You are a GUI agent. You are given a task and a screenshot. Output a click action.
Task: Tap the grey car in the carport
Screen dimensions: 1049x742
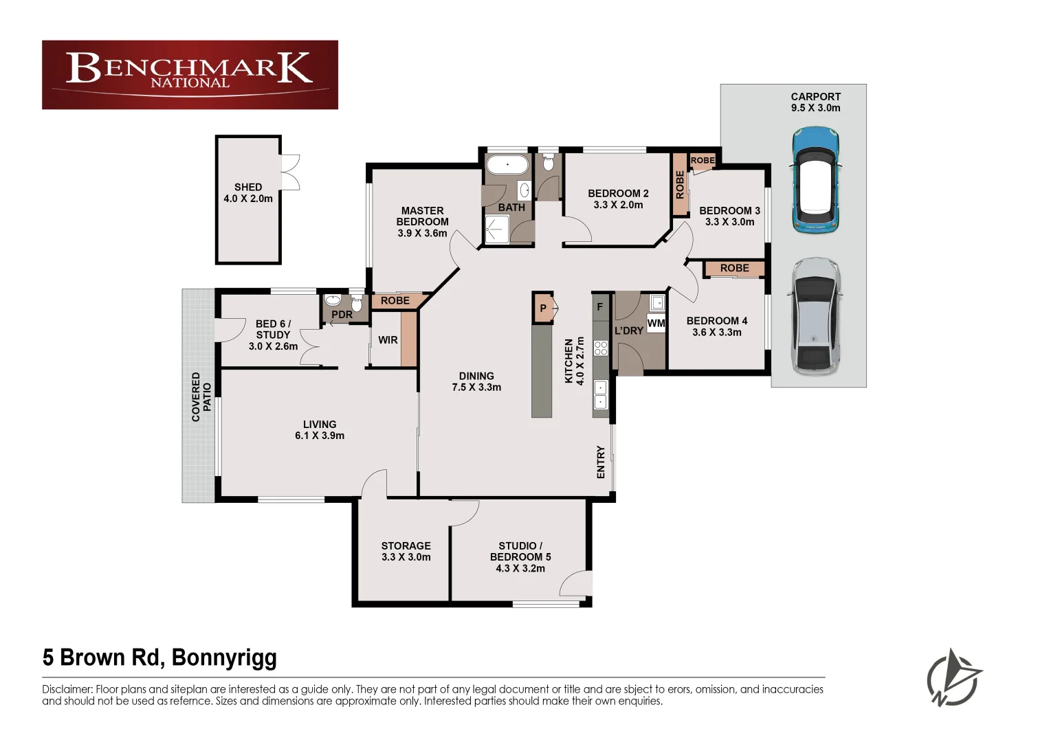point(815,317)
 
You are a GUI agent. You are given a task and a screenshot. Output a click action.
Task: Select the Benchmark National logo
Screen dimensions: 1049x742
point(190,75)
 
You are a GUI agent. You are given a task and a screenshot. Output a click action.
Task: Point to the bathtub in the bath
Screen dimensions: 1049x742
point(507,165)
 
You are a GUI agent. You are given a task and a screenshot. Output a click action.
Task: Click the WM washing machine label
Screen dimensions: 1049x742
point(656,323)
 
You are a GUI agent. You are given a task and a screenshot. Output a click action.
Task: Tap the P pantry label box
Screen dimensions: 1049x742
point(543,308)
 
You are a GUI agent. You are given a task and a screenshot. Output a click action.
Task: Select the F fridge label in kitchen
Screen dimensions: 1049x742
point(600,307)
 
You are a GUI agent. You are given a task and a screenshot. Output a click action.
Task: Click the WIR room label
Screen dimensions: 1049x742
point(388,340)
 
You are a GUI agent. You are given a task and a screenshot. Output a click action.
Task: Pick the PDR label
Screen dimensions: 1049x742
point(342,315)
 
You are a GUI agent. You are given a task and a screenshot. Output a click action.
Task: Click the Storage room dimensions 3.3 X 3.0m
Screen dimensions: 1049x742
point(406,557)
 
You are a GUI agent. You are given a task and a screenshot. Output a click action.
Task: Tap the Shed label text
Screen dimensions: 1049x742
point(248,188)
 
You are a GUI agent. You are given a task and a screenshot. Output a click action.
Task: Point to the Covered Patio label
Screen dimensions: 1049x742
point(201,397)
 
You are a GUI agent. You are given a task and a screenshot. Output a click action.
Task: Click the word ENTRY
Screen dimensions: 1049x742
point(601,462)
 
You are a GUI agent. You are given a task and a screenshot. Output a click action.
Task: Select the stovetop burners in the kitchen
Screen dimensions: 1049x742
point(601,348)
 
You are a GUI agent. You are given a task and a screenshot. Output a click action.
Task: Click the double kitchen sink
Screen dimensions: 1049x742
point(600,394)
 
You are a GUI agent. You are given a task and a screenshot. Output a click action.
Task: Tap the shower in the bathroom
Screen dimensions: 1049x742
point(497,229)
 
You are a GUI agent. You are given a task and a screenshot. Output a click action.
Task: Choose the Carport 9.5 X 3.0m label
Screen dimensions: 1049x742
point(816,102)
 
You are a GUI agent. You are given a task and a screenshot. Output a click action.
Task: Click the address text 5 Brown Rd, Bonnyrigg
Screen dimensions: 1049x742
point(159,657)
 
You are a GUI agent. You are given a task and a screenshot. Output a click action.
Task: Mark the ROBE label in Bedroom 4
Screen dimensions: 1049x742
point(734,268)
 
